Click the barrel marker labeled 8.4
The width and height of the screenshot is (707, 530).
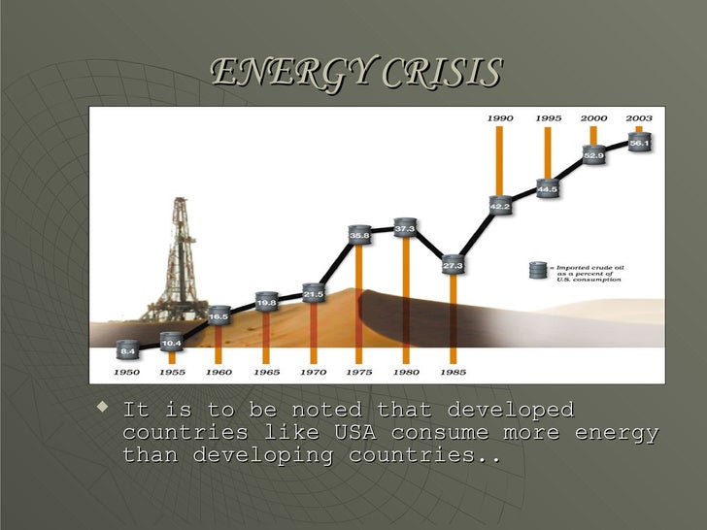126,349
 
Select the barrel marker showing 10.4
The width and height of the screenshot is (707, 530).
171,342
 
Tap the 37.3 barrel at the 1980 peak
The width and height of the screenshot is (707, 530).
405,228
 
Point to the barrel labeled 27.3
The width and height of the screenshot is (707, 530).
453,264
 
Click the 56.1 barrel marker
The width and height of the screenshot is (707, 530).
639,142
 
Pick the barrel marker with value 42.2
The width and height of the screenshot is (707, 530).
499,206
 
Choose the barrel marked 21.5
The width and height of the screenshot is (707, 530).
313,292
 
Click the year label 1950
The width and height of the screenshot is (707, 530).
127,372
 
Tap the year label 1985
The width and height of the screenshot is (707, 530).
453,372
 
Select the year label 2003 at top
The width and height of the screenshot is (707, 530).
639,117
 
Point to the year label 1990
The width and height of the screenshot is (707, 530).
500,117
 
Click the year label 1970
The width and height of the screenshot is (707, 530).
314,372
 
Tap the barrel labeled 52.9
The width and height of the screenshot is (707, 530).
594,153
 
